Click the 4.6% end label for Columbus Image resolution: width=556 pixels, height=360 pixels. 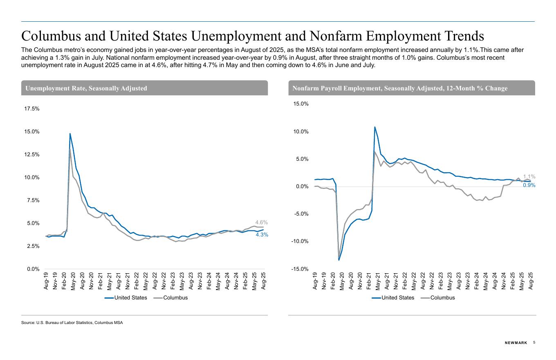click(x=261, y=223)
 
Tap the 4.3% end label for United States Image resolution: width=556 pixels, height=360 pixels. click(x=262, y=235)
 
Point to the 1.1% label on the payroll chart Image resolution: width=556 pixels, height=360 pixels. click(x=529, y=177)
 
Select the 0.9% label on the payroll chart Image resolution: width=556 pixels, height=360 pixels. click(x=529, y=185)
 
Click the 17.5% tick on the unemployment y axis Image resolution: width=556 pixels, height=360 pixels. click(x=32, y=109)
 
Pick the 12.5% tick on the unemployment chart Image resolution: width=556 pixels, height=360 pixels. click(x=32, y=155)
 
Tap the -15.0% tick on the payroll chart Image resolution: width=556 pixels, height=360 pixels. click(x=300, y=269)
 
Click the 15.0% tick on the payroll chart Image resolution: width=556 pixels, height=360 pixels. click(x=300, y=104)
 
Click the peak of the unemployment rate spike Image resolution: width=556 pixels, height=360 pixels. click(x=70, y=134)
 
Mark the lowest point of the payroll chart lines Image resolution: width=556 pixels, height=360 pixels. click(x=339, y=260)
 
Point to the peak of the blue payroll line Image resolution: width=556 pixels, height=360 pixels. click(x=374, y=127)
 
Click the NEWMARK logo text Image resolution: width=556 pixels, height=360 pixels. click(x=516, y=343)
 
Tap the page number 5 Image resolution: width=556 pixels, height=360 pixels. click(x=534, y=342)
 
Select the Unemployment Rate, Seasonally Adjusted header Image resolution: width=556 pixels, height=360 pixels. click(x=86, y=88)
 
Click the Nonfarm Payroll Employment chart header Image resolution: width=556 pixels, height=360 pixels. click(x=400, y=88)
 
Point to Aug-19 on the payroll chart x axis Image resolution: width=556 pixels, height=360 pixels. click(x=315, y=281)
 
